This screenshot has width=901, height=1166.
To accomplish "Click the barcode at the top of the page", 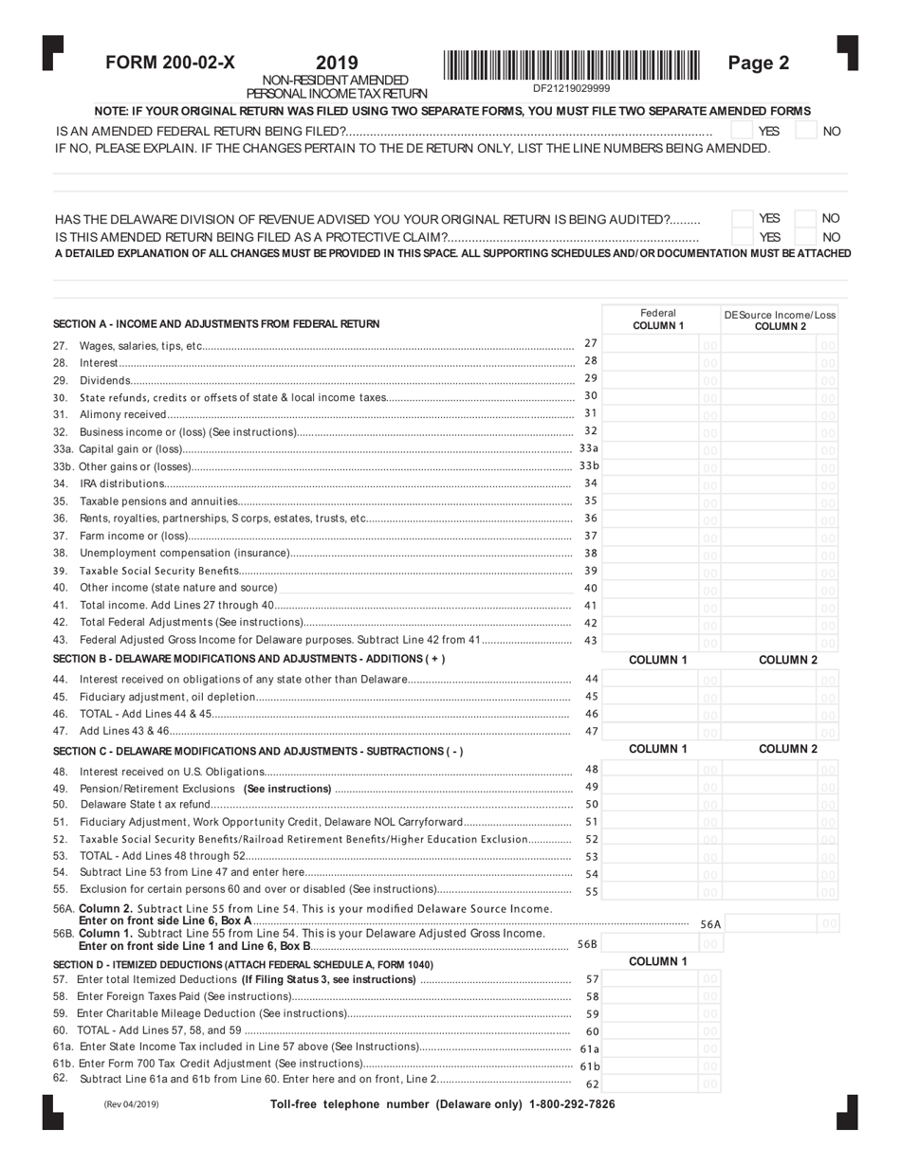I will pyautogui.click(x=571, y=65).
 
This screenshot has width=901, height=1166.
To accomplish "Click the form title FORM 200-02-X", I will pyautogui.click(x=170, y=64).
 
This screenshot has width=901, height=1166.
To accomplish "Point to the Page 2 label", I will pyautogui.click(x=758, y=64).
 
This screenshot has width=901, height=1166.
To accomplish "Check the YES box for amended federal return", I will pyautogui.click(x=743, y=131).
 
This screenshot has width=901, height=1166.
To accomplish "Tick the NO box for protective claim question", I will pyautogui.click(x=805, y=237).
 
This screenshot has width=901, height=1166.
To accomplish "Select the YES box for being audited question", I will pyautogui.click(x=743, y=219).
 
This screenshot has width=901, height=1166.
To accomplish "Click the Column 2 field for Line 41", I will pyautogui.click(x=770, y=607).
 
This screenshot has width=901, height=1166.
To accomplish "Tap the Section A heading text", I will pyautogui.click(x=216, y=324).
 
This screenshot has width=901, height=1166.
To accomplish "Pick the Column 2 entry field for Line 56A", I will pyautogui.click(x=770, y=923).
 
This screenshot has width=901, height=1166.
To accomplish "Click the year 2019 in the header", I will pyautogui.click(x=337, y=64).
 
